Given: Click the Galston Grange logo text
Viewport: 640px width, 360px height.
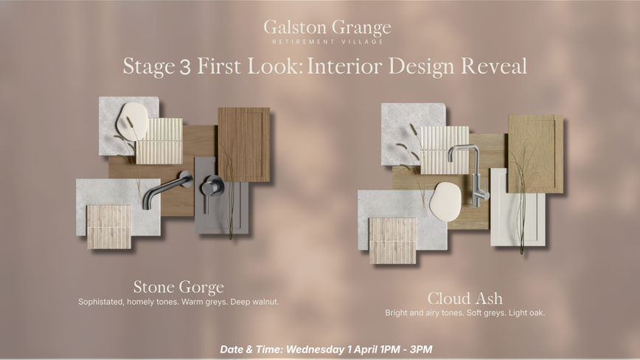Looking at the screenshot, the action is pos(327,28).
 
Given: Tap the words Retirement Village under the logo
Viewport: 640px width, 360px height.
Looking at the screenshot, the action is pos(328,41).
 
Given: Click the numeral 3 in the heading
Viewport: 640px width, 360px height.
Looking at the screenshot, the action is pos(185,67).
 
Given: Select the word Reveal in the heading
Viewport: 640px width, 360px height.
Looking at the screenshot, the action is pos(494,66).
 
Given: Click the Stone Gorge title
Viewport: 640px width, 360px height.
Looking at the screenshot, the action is pos(178,288).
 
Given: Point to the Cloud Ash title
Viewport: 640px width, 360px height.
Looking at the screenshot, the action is pos(465,298).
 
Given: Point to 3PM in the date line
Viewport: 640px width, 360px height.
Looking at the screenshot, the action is pos(421,350).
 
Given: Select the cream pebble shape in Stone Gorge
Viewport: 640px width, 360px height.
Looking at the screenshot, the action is pos(132,121).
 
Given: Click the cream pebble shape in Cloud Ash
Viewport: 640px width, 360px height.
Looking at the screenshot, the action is pos(445,202).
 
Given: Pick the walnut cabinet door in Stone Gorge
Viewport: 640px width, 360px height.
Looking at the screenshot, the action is pos(243,145).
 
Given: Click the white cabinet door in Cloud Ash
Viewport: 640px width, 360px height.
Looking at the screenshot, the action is pos(518,207).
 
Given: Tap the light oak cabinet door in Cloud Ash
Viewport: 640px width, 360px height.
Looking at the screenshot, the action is pos(535,154).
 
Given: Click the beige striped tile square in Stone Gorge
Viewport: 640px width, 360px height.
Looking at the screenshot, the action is pos(109,227).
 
